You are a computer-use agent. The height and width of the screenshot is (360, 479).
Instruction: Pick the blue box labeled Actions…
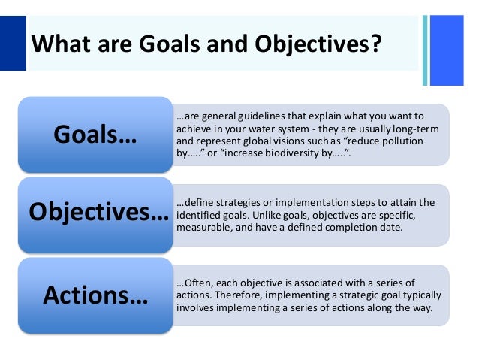(x=95, y=293)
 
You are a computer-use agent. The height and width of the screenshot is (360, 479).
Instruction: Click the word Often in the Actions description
(x=191, y=283)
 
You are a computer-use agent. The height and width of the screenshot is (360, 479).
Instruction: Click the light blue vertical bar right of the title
(x=425, y=49)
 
